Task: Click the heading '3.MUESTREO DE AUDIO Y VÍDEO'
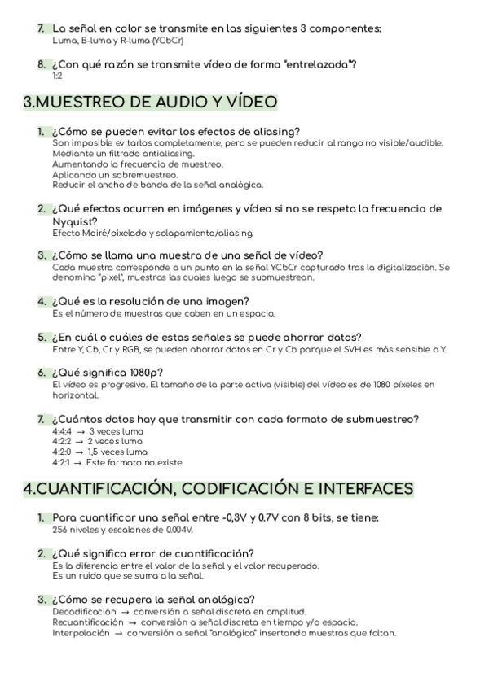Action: click(150, 103)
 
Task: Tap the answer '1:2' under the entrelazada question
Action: click(57, 76)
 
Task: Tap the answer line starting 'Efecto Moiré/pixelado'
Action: click(141, 234)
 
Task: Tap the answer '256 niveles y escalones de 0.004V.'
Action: click(122, 530)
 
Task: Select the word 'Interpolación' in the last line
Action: click(81, 633)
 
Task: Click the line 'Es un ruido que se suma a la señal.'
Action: click(127, 576)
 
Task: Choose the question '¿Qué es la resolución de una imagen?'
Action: click(163, 300)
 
